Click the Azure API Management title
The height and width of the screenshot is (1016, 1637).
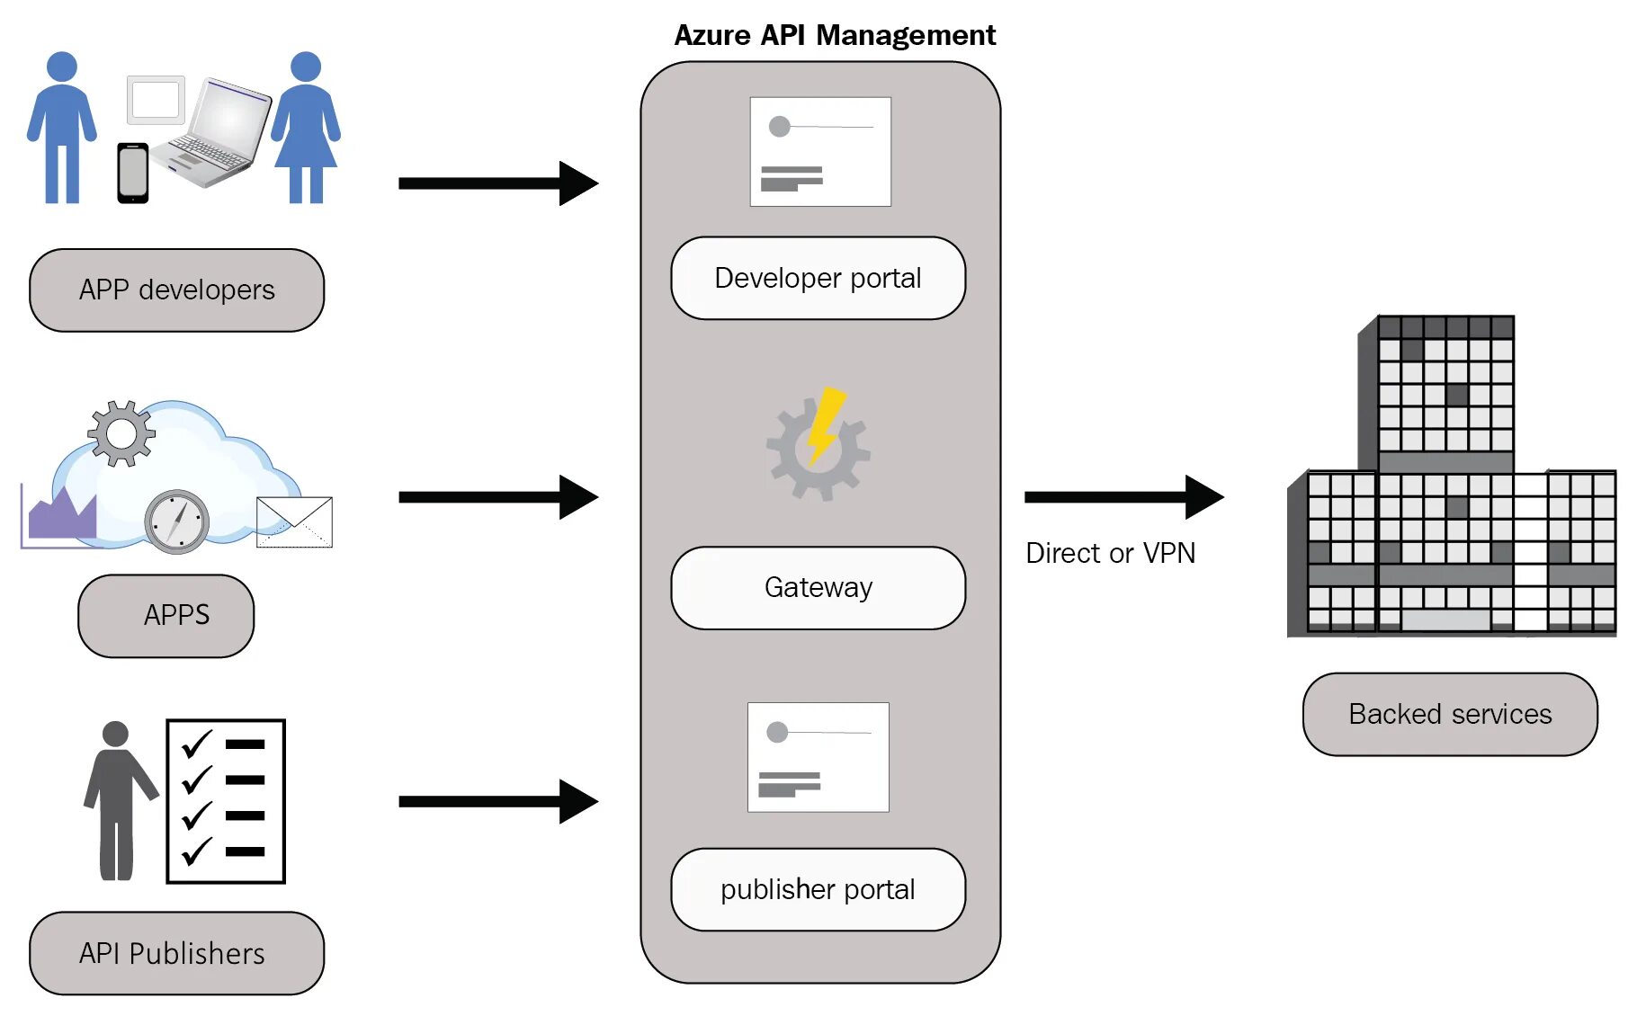pos(835,35)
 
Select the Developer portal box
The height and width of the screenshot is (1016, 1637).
pos(818,278)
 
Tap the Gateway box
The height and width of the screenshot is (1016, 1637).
pos(818,587)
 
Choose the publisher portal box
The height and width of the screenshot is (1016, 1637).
pos(818,889)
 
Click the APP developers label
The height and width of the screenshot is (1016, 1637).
pos(176,290)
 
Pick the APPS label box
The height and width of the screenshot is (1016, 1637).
pos(166,616)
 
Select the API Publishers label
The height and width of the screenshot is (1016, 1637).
pos(176,953)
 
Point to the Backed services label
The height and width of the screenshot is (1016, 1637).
pos(1450,714)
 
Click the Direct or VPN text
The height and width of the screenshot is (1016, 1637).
pos(1111,553)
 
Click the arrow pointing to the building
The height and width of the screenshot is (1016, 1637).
pos(1124,497)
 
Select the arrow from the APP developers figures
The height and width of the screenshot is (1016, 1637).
pos(498,183)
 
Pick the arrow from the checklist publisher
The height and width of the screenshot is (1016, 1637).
pos(498,801)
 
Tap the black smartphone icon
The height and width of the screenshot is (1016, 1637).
pos(133,173)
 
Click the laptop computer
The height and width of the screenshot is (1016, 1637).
pos(212,132)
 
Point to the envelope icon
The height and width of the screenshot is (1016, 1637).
pos(294,521)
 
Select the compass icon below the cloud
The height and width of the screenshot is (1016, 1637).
pos(176,521)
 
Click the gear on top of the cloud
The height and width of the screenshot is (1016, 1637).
pos(121,433)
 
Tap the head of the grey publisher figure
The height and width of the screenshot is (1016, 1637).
pos(115,734)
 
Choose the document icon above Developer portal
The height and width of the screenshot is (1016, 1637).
pos(820,152)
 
